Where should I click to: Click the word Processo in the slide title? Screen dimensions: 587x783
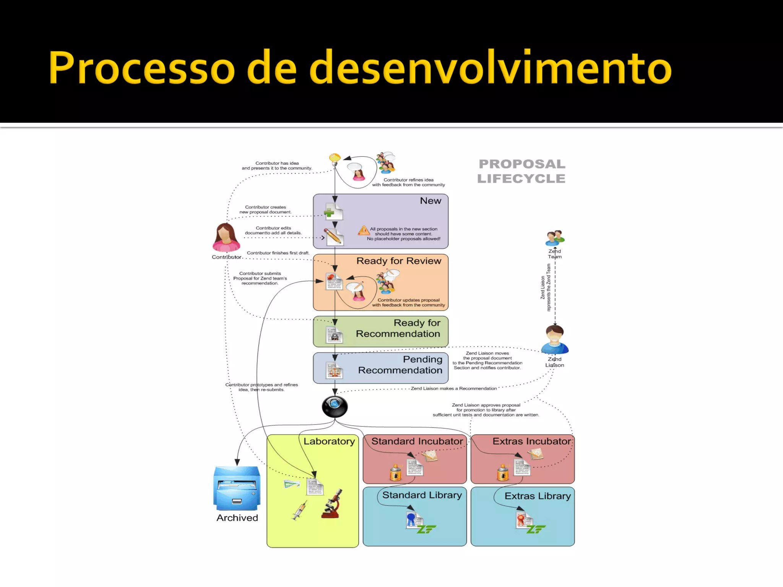pyautogui.click(x=141, y=68)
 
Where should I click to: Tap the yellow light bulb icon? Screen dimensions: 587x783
pyautogui.click(x=335, y=159)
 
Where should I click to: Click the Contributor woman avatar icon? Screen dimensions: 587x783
pyautogui.click(x=226, y=238)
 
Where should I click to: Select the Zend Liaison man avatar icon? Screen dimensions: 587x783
pyautogui.click(x=555, y=340)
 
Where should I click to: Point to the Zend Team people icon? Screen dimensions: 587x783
pyautogui.click(x=555, y=238)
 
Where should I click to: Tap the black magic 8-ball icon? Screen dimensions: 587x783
pyautogui.click(x=335, y=406)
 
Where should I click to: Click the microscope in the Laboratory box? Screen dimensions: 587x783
pyautogui.click(x=332, y=504)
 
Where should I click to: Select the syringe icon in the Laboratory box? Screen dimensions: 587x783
pyautogui.click(x=299, y=511)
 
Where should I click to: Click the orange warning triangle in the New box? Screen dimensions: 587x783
pyautogui.click(x=363, y=230)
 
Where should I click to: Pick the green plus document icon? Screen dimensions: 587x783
pyautogui.click(x=333, y=212)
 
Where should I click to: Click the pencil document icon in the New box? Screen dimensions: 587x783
pyautogui.click(x=333, y=237)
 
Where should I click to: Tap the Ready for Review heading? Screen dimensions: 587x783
pyautogui.click(x=399, y=261)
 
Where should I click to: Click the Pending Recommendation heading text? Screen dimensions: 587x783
pyautogui.click(x=400, y=365)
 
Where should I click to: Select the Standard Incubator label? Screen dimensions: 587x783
pyautogui.click(x=417, y=441)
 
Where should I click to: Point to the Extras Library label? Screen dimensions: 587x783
pyautogui.click(x=538, y=496)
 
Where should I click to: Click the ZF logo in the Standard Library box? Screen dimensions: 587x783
pyautogui.click(x=426, y=529)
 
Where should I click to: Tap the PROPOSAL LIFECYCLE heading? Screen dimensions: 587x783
pyautogui.click(x=521, y=171)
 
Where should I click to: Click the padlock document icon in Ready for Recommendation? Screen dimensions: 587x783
pyautogui.click(x=334, y=335)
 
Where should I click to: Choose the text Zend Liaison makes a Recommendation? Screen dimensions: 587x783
pyautogui.click(x=454, y=389)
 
